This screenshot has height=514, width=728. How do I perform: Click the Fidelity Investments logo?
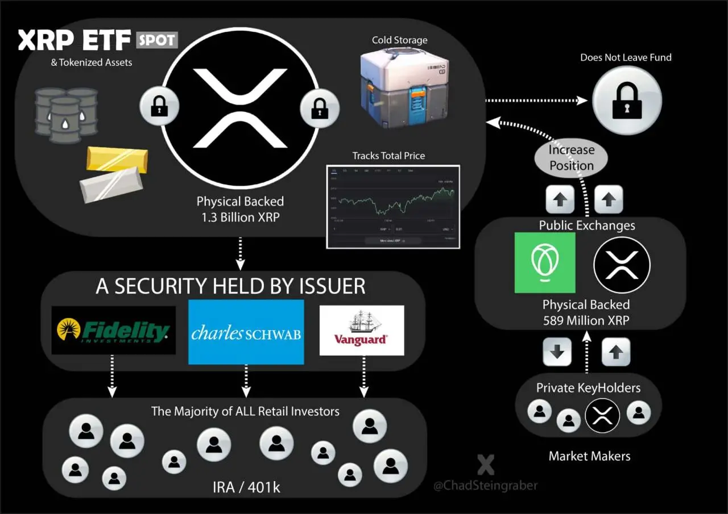tap(113, 331)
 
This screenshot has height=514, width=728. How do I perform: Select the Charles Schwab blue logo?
tap(246, 332)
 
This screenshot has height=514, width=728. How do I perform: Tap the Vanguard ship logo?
tap(362, 331)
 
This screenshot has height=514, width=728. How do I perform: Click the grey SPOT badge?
tap(158, 40)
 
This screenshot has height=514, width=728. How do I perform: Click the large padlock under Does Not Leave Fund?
tap(627, 100)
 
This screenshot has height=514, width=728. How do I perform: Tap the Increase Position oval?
tap(571, 158)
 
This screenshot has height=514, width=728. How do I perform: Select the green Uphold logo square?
tap(545, 263)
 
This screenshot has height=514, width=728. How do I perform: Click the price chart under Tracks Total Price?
tap(393, 207)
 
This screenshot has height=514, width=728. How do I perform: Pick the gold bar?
tap(117, 158)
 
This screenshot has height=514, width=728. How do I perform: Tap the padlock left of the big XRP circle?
tap(159, 106)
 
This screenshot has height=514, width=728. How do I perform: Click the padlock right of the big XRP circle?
tap(320, 106)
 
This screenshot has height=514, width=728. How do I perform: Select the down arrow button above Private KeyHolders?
tap(557, 352)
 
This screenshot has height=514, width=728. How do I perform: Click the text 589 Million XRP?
tap(586, 320)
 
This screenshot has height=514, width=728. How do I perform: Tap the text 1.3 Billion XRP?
tap(239, 216)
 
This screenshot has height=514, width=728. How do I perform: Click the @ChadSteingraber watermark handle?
tap(485, 486)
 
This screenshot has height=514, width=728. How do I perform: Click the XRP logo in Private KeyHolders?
tap(602, 416)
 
